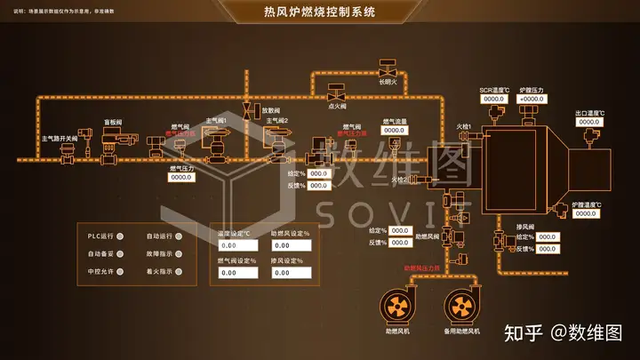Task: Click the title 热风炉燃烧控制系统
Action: coord(320,12)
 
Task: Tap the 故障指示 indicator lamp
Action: coord(180,253)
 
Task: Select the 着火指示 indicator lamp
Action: coord(180,271)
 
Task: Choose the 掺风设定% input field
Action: coord(292,273)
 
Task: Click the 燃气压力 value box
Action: coord(181,177)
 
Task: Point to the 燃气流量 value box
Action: coord(395,131)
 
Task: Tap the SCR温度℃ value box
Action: coord(494,99)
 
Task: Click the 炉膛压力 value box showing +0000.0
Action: coord(532,99)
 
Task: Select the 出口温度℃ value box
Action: coord(589,122)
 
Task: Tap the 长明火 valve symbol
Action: coord(388,69)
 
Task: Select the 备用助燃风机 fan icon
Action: coord(461,308)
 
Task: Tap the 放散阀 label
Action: coord(270,110)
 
